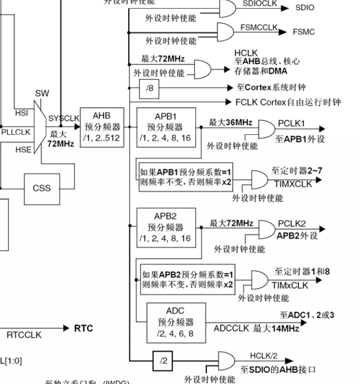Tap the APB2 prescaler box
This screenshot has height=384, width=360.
[x=165, y=227]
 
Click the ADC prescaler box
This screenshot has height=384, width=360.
[x=175, y=322]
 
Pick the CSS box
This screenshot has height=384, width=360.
[x=42, y=188]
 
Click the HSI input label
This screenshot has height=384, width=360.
[x=22, y=114]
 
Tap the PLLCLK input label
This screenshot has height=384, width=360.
[x=16, y=132]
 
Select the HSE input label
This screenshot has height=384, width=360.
[x=23, y=150]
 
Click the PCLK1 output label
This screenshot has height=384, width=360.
[x=292, y=123]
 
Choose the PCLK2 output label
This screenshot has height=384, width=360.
[x=292, y=223]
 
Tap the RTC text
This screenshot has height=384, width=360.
[x=83, y=328]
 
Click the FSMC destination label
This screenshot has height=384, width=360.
[x=303, y=32]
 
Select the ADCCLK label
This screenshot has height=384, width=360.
[x=232, y=329]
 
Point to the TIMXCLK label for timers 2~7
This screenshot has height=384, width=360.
[x=293, y=184]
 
